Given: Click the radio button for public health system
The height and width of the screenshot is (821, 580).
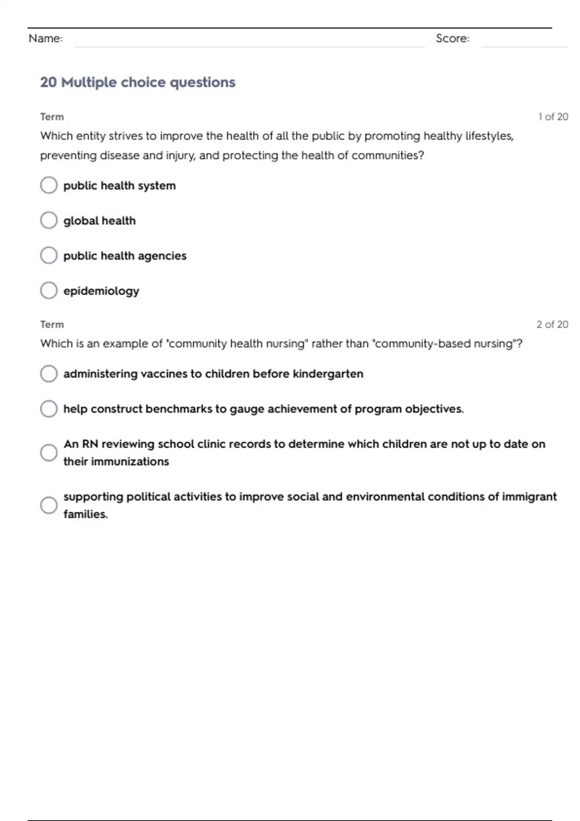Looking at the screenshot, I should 49,185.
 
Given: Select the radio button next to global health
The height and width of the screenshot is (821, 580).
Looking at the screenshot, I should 49,220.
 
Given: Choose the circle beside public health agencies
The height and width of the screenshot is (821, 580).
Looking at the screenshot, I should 49,255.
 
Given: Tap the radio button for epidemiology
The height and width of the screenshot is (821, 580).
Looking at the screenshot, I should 49,291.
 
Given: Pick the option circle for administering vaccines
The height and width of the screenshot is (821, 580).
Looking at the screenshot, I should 49,374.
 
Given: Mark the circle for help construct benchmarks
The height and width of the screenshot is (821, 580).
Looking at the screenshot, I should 49,409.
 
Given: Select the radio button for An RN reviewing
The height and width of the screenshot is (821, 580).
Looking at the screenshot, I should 49,453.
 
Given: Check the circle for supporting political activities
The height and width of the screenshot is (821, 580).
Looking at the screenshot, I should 49,505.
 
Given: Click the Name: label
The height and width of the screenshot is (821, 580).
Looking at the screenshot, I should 45,39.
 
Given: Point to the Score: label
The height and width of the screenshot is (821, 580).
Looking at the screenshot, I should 452,39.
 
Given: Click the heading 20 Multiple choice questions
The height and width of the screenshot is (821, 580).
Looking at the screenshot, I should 138,83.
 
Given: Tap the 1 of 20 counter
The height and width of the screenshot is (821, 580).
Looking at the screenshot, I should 553,117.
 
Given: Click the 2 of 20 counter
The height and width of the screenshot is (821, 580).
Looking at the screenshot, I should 552,325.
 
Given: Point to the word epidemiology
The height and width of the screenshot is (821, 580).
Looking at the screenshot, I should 101,291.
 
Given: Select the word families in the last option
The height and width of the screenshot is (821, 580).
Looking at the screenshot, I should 85,514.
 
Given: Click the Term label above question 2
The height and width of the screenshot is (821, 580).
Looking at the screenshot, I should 52,325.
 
